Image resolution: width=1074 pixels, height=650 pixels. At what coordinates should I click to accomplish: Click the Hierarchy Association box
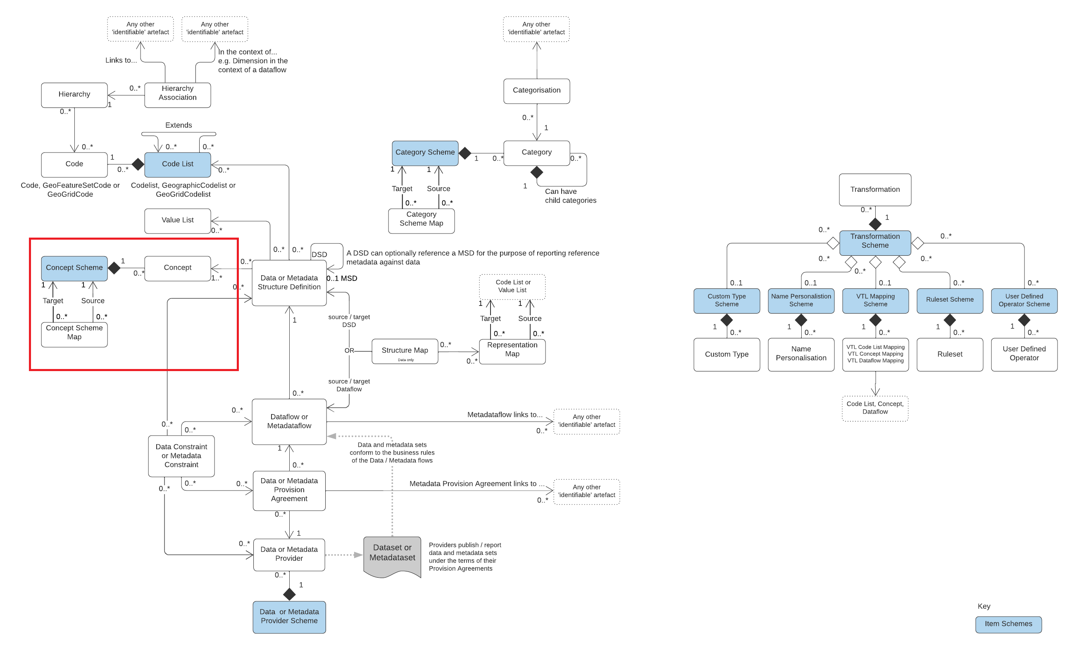[177, 95]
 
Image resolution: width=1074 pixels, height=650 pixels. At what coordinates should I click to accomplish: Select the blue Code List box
[177, 164]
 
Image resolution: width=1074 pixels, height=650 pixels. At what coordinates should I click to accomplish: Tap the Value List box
[177, 220]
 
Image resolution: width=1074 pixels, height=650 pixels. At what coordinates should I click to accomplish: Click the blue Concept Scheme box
[74, 268]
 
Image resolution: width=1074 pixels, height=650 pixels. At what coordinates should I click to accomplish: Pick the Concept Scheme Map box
[74, 333]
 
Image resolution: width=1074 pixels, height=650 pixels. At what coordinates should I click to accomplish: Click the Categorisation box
[536, 90]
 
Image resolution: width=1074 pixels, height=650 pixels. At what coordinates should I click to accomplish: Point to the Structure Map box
[405, 351]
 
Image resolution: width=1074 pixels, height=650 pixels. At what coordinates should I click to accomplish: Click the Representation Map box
[512, 351]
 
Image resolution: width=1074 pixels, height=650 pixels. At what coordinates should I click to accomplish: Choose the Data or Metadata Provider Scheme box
[289, 617]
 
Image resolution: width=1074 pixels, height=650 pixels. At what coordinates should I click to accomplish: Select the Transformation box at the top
[875, 190]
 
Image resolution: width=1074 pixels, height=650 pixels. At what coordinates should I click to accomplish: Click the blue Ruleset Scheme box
[949, 300]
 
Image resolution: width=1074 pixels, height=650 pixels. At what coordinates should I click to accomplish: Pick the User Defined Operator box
[1024, 354]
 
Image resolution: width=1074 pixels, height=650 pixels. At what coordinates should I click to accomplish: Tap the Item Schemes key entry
[1008, 624]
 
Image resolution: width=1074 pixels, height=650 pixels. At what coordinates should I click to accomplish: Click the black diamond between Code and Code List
[138, 164]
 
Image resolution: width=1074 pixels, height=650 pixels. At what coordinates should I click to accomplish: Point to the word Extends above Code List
[178, 125]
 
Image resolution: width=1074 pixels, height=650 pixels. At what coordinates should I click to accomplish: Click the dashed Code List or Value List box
[512, 286]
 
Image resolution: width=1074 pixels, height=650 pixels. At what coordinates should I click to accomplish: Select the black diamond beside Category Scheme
[465, 153]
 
